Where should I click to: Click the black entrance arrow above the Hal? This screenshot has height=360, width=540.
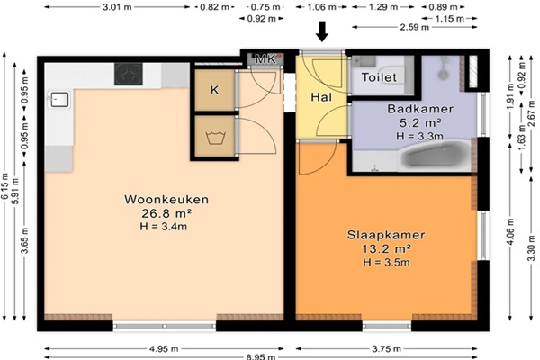tap(322, 31)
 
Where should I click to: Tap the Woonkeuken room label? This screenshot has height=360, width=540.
tap(166, 200)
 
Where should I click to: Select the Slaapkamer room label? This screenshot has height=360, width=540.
tap(386, 235)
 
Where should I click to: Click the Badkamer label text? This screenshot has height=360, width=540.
tap(420, 109)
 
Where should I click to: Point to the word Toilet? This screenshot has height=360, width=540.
tap(379, 77)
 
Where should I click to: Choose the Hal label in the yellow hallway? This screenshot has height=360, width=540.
tap(321, 97)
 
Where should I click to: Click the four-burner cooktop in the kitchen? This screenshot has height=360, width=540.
tap(129, 74)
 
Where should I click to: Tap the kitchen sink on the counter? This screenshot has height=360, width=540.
tap(59, 100)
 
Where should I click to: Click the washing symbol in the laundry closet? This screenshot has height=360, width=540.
tap(216, 138)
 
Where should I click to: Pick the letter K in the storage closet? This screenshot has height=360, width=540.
tap(214, 90)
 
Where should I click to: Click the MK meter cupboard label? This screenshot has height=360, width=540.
tap(265, 59)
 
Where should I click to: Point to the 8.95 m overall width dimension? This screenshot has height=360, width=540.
tap(261, 357)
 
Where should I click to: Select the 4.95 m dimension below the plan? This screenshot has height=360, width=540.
tap(164, 349)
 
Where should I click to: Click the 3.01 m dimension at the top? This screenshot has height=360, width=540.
tap(117, 7)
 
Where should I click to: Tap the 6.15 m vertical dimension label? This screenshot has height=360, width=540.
tap(5, 186)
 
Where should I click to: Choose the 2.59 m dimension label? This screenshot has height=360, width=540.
tap(415, 27)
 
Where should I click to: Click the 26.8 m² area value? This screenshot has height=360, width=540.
tap(166, 213)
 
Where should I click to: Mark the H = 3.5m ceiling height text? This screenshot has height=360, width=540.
tap(386, 263)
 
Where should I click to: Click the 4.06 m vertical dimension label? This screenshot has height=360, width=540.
tap(510, 231)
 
